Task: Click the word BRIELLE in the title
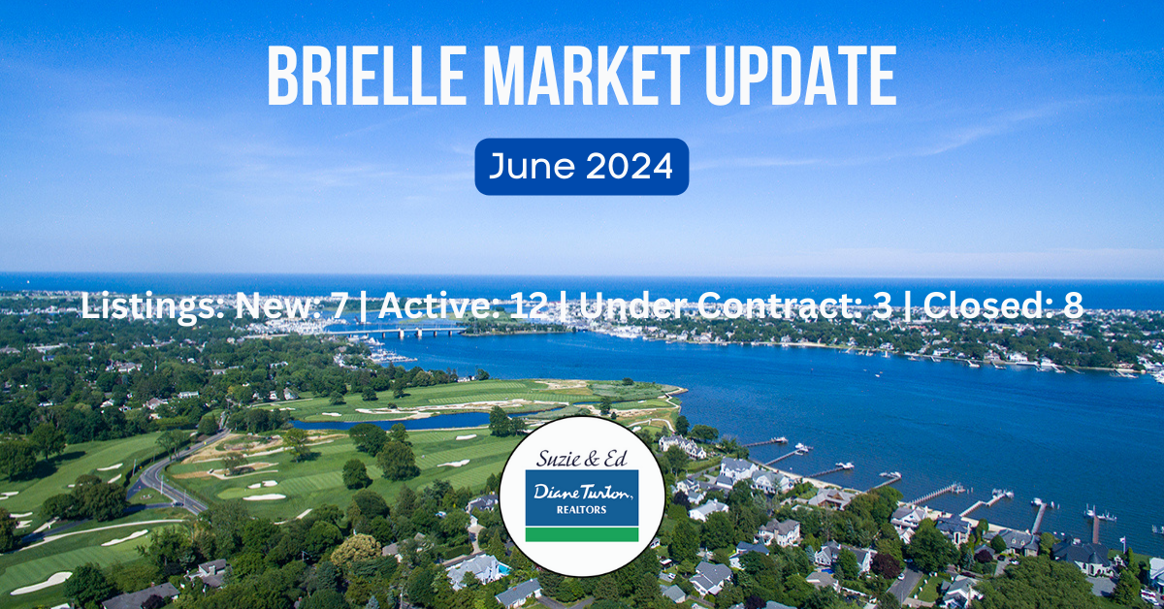[x=366, y=76]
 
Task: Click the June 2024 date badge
[x=581, y=167]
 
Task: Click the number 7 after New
[x=339, y=305]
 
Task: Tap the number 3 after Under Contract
[x=883, y=305]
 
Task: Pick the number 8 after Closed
[x=1073, y=305]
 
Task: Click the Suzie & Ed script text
[x=581, y=459]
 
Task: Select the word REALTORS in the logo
[x=581, y=510]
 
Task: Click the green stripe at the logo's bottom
[x=582, y=534]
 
